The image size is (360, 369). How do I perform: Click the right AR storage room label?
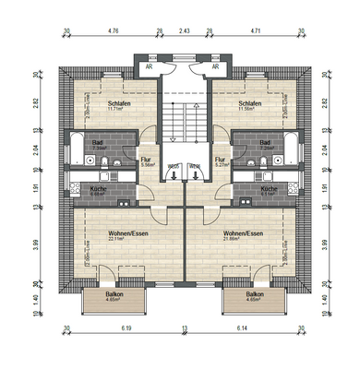215,66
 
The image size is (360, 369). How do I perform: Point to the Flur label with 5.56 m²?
145,161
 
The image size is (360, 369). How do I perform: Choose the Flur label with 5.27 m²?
220,161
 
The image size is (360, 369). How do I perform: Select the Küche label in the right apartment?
267,190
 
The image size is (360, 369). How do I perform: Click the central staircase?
181,120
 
